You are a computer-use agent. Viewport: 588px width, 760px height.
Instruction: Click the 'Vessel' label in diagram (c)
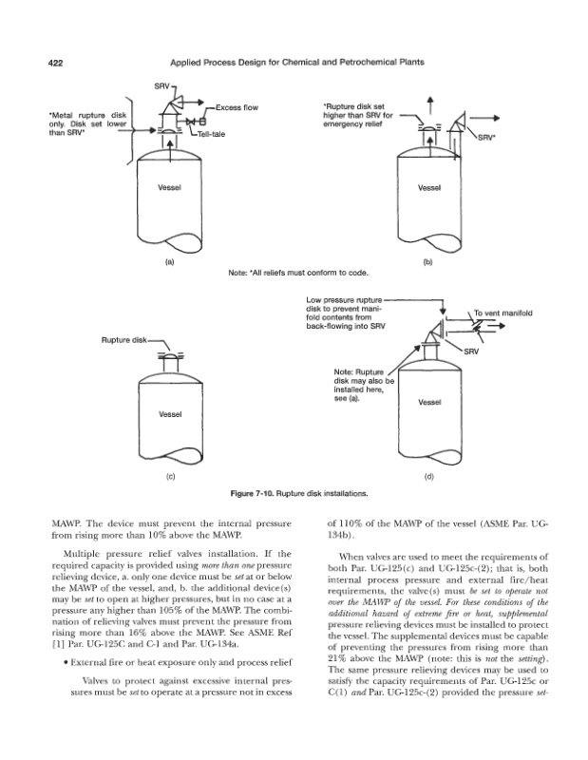click(171, 414)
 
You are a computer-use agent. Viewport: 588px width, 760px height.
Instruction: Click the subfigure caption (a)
click(170, 259)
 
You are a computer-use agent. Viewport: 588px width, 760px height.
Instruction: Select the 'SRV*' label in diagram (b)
click(485, 137)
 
